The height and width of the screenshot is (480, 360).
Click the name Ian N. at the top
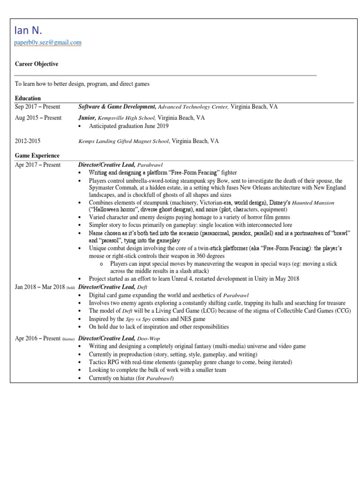(x=29, y=30)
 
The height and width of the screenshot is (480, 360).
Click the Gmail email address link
(x=48, y=43)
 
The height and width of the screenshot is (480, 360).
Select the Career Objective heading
(x=37, y=64)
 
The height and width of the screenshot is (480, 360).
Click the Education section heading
(x=28, y=99)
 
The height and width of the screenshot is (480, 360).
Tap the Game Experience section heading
(x=37, y=156)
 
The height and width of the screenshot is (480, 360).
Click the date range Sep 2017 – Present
(x=38, y=107)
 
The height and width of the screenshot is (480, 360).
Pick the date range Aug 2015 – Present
(x=38, y=118)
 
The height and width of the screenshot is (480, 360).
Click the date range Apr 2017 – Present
(x=37, y=165)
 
